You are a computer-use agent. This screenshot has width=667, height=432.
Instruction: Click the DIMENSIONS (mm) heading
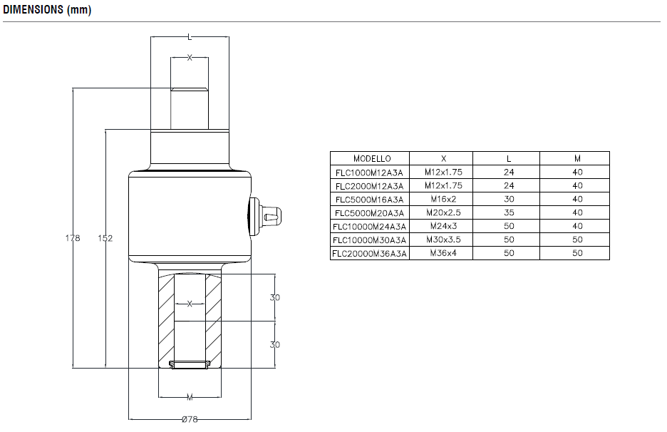point(47,11)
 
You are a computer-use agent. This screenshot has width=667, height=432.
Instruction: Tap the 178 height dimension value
point(73,238)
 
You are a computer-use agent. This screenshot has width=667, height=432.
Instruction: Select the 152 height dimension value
point(105,238)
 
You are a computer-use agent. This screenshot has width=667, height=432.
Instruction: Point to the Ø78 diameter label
point(189,420)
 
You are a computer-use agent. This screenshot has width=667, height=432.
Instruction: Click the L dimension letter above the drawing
point(189,36)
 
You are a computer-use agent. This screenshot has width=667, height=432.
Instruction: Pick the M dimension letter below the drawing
point(189,396)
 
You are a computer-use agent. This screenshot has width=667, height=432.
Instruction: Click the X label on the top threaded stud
point(190,58)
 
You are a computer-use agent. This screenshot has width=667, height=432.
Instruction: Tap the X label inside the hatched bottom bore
point(190,304)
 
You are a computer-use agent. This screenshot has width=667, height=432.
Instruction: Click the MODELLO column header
point(371,158)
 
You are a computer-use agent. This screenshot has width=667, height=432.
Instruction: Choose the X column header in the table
point(443,158)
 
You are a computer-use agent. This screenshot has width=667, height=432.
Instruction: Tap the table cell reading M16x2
point(443,199)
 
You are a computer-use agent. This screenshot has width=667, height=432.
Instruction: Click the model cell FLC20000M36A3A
point(371,253)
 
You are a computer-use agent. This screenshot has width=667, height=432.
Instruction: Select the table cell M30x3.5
point(443,240)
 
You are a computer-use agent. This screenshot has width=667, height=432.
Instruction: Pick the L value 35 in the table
point(508,212)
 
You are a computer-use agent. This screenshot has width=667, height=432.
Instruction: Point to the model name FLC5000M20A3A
point(371,212)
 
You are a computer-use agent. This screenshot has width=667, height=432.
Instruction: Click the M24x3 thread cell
point(443,226)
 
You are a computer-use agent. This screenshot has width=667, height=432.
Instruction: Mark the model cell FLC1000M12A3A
point(371,172)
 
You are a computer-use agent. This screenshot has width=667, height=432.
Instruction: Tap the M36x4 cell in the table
point(443,253)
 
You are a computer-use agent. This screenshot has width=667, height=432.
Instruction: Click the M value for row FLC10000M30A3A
point(577,240)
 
